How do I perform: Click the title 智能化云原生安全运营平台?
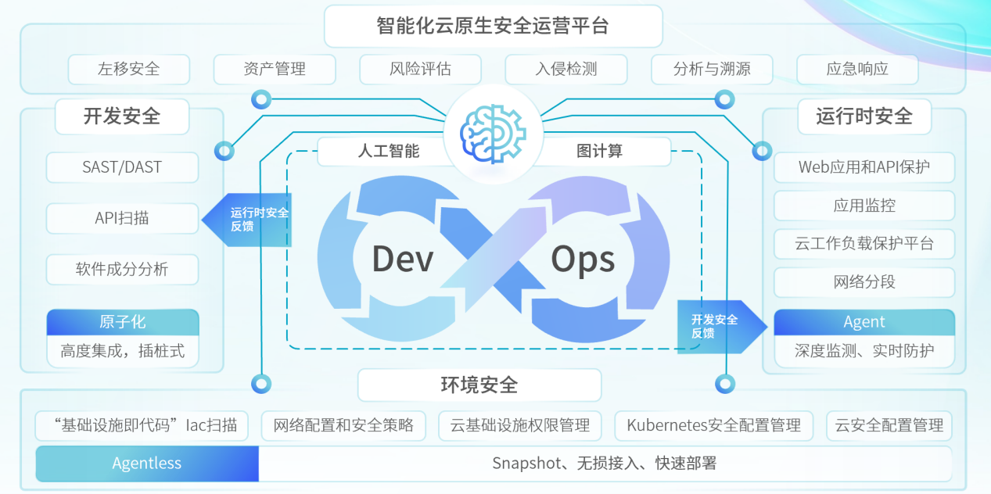coord(493,26)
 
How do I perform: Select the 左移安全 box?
coord(129,69)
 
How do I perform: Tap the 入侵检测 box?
coord(566,69)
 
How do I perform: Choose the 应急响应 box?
coord(857,69)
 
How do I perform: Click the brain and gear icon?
coord(492,128)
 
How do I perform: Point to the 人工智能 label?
coord(389,151)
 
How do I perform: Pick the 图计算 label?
coord(600,151)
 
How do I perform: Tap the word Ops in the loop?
coord(583,259)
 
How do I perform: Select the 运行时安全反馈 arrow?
coord(250,220)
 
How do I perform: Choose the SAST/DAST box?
coord(122,167)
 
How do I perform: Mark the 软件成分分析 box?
coord(122,270)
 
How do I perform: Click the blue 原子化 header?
coord(123,322)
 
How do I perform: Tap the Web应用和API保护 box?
coord(864,167)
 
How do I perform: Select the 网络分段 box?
coord(864,282)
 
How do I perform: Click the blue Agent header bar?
coord(864,322)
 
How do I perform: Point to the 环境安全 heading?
coord(479,385)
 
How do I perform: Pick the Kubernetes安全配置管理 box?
coord(713,426)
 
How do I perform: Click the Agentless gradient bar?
coord(147,464)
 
